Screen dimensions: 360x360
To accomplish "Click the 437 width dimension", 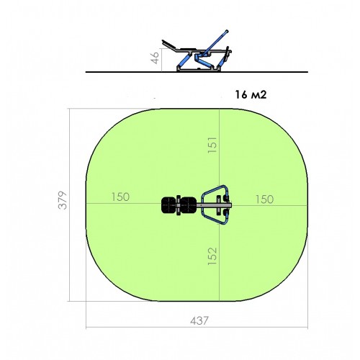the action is tap(199, 320).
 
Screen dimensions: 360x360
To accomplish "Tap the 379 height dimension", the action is tap(63, 200).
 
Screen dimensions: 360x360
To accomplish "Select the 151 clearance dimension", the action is tap(212, 145).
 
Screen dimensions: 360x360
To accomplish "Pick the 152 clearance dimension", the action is tap(212, 256).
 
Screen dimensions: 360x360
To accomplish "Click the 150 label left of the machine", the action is tap(120, 197).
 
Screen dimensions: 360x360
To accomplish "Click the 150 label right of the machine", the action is tap(264, 199).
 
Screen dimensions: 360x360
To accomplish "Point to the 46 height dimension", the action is tap(156, 58).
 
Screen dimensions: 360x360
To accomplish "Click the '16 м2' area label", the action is tap(251, 95).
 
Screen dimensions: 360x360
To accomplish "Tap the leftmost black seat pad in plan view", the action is tap(168, 205).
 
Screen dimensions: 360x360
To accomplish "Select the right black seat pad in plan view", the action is tap(189, 205).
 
